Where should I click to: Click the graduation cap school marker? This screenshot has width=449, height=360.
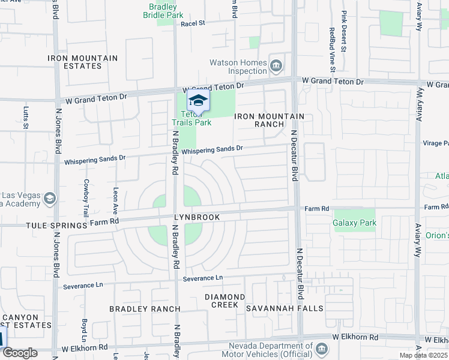coord(198,101)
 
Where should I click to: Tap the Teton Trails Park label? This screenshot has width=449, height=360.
coord(197,119)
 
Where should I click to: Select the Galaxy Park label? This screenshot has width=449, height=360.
coord(354,223)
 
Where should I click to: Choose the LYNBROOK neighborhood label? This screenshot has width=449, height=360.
coord(197,217)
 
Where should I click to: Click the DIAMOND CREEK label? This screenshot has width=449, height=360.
coord(224,301)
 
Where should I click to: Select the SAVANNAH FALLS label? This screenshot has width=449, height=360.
coord(285,308)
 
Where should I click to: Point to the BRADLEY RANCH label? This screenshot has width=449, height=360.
coord(144,309)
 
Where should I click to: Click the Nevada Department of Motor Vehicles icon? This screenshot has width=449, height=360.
coord(322,348)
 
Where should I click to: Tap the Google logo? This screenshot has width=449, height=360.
coord(20,352)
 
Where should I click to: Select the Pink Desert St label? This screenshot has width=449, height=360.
coord(345,31)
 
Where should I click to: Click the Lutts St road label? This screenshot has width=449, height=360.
coord(26,118)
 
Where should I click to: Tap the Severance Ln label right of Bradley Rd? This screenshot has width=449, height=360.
coord(203,278)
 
